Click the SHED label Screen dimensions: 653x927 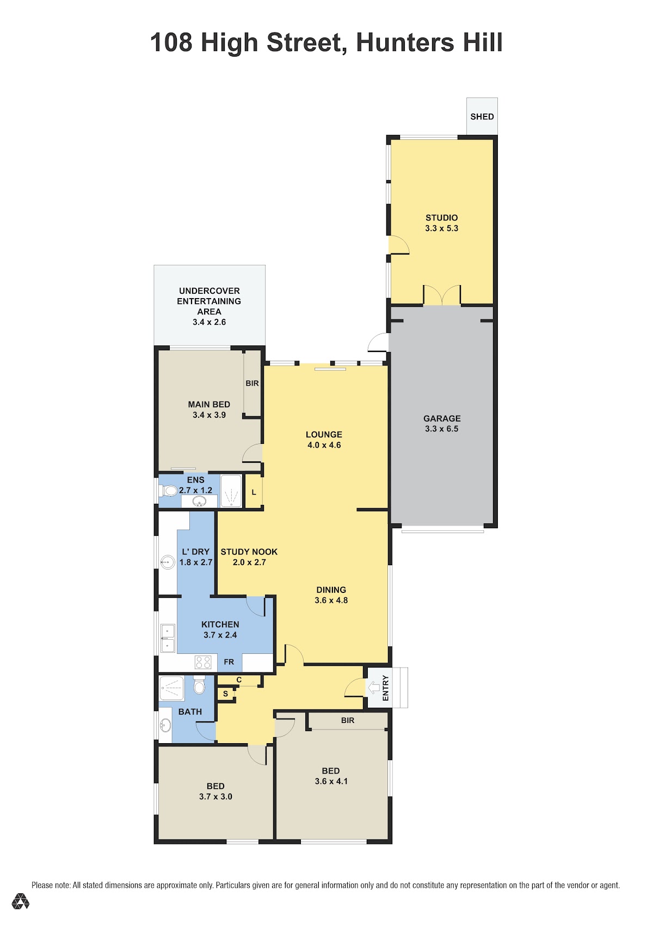[482, 117]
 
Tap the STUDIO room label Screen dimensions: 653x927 [441, 218]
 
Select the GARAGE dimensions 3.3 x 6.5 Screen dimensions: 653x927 [441, 429]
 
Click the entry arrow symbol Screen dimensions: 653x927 [374, 688]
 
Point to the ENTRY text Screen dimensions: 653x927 [385, 688]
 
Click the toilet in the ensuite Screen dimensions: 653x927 [169, 491]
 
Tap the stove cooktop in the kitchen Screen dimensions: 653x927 [203, 662]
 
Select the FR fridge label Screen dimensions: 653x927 [229, 662]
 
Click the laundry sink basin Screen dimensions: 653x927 [168, 561]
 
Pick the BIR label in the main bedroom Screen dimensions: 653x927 [252, 383]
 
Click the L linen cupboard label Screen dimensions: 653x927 [254, 492]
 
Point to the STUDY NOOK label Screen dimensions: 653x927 [249, 552]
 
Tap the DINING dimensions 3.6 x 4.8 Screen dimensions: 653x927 [331, 601]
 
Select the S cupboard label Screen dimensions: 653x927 [225, 694]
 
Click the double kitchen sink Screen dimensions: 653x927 [168, 638]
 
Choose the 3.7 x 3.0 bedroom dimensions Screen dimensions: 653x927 [215, 796]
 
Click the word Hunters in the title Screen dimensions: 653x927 [405, 42]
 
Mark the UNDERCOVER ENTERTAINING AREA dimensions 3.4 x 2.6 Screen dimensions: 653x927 [209, 322]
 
